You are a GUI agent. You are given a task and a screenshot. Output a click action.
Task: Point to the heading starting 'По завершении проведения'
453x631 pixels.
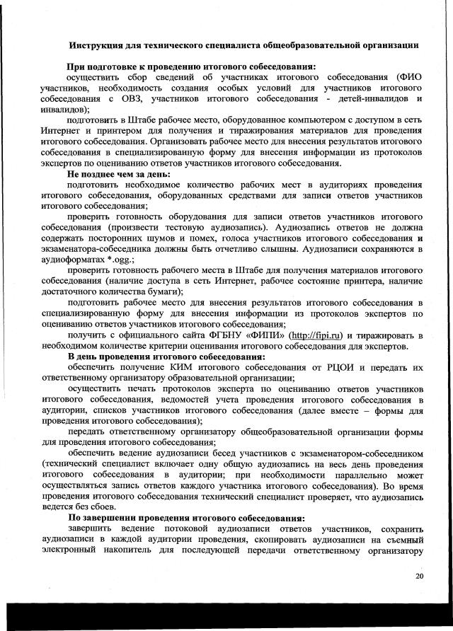pyautogui.click(x=186, y=518)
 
